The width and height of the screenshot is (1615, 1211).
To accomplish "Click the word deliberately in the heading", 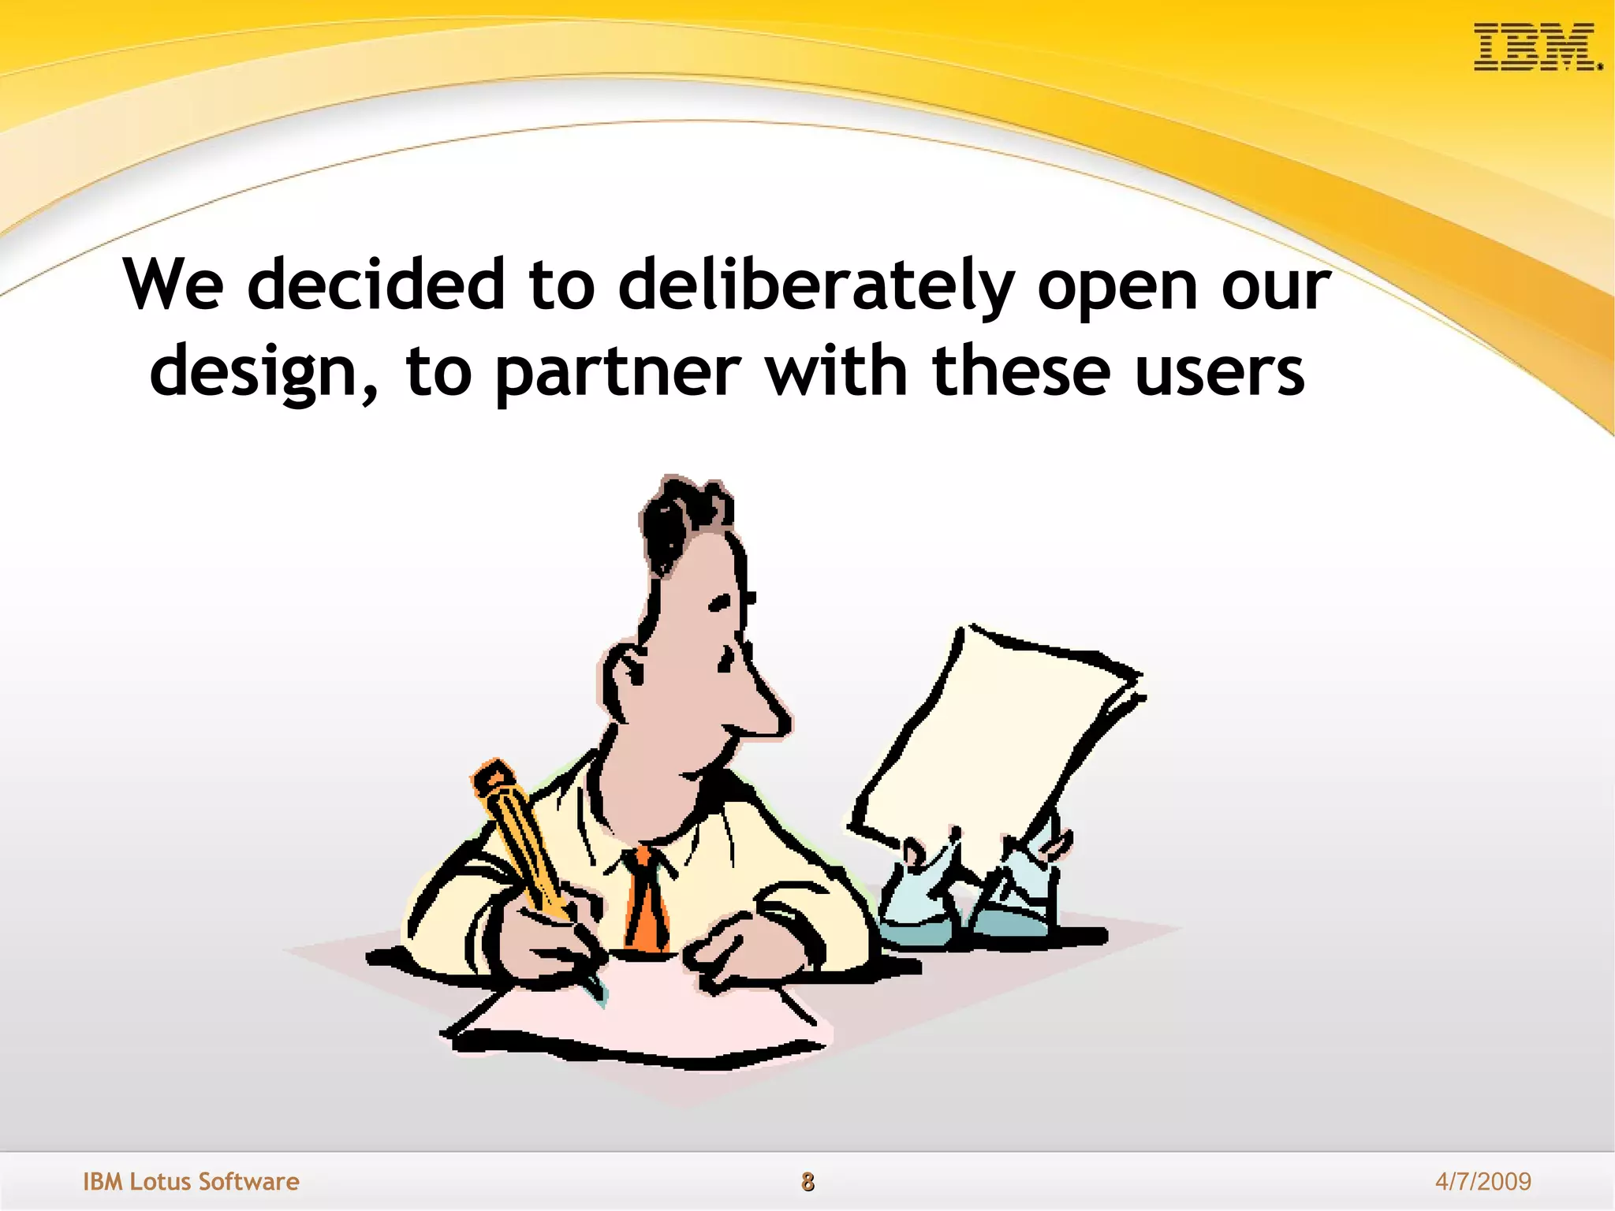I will pyautogui.click(x=815, y=285).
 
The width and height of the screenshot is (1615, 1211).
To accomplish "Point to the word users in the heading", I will pyautogui.click(x=1219, y=372).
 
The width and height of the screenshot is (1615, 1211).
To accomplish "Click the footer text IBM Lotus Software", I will pyautogui.click(x=191, y=1181).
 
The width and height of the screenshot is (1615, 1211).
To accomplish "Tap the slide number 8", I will pyautogui.click(x=807, y=1181).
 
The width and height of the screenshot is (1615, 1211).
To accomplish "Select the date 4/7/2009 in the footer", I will pyautogui.click(x=1483, y=1181).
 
